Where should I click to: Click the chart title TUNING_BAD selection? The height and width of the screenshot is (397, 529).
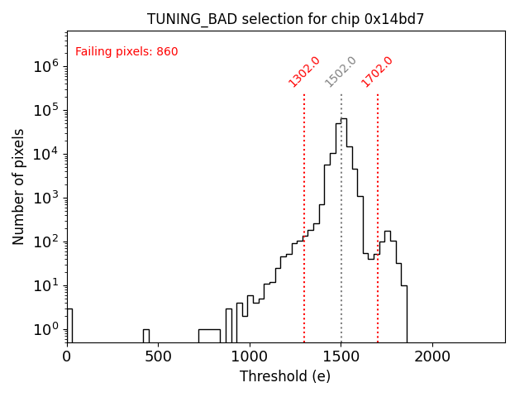tap(285, 19)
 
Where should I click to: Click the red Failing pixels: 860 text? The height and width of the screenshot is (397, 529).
tap(126, 52)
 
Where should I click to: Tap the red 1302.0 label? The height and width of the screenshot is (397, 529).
tap(304, 72)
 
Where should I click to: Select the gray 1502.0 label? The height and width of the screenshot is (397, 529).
tap(341, 72)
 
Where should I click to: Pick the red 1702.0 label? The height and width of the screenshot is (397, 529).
tap(377, 72)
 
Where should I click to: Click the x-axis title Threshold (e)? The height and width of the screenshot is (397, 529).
tap(285, 376)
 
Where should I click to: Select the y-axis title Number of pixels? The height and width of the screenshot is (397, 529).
tap(19, 187)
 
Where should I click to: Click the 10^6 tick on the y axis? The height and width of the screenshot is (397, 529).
tap(45, 67)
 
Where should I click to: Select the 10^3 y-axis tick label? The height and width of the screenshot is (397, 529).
tap(45, 198)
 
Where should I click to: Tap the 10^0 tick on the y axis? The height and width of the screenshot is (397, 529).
tap(45, 330)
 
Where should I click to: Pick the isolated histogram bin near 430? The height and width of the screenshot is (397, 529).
tap(145, 335)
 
